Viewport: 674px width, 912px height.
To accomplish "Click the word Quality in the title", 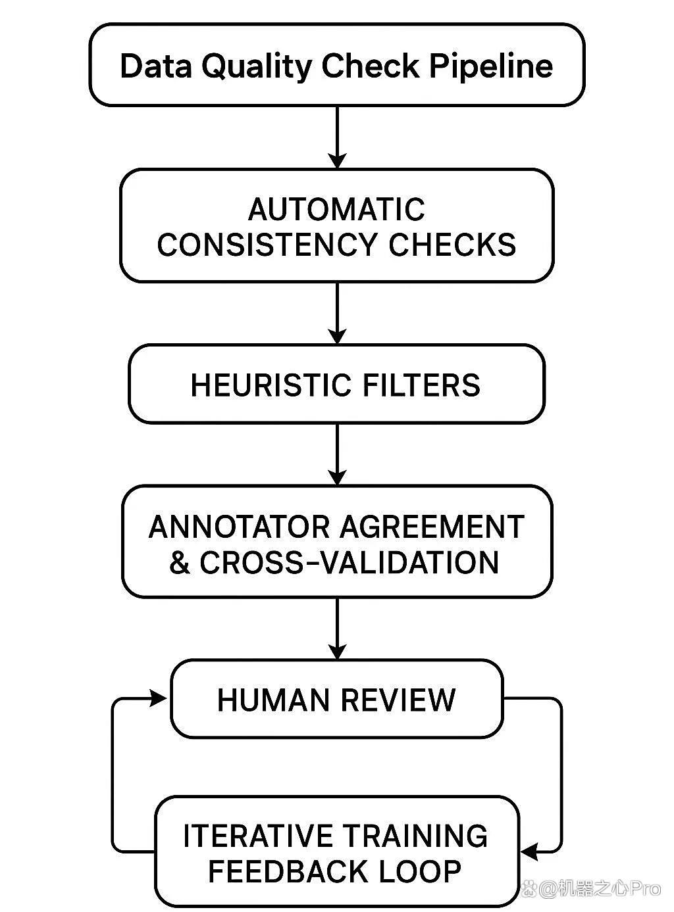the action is [x=257, y=66].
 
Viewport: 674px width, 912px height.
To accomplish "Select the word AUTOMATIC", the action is [x=336, y=209].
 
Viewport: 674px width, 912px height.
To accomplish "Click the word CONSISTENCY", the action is [x=267, y=245].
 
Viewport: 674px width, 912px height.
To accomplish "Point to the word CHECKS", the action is [x=452, y=245].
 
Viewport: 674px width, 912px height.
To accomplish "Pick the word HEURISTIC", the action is [x=271, y=385].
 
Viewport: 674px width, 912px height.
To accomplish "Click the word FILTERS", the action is [x=421, y=385].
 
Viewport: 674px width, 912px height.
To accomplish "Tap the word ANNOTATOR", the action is [x=239, y=527].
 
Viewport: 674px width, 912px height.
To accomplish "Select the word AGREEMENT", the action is [x=432, y=527].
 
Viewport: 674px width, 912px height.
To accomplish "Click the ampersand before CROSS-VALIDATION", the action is [x=180, y=562].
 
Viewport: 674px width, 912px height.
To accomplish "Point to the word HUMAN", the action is [x=273, y=700].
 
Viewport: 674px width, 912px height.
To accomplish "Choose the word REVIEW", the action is [x=398, y=700].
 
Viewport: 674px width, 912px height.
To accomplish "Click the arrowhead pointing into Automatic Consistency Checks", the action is [x=337, y=161].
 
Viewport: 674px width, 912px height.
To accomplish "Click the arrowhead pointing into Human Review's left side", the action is [x=159, y=698].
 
